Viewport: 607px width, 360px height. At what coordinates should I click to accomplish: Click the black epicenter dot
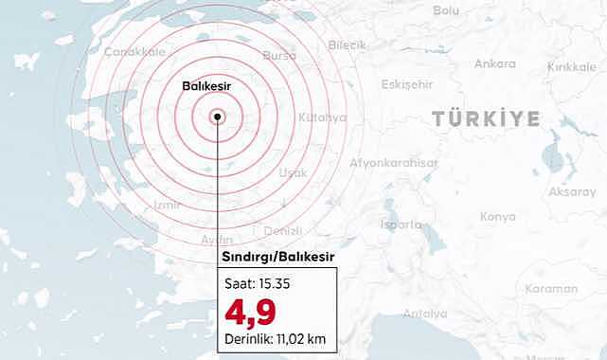point(218,117)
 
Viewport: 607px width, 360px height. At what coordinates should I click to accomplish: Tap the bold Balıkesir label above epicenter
point(207,86)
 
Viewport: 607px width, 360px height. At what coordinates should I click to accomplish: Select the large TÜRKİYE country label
point(486,118)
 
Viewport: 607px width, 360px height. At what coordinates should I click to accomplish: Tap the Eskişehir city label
point(406,83)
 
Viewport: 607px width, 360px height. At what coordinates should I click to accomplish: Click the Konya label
point(498,216)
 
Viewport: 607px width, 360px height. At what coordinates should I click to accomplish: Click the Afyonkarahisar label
point(394,162)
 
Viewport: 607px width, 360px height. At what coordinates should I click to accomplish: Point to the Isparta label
point(400,225)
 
